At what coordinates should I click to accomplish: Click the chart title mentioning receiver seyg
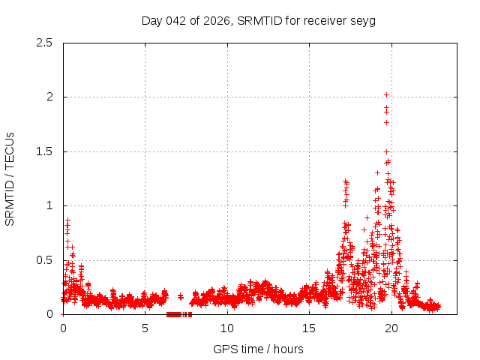tap(258, 20)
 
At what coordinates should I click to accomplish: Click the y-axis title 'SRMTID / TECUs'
tap(10, 178)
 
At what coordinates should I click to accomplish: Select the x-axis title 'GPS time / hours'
tap(258, 349)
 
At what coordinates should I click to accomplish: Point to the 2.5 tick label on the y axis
tap(46, 43)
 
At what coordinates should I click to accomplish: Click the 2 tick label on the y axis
tap(50, 97)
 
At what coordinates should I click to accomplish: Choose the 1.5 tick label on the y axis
tap(46, 151)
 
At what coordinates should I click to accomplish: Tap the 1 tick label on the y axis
tap(50, 205)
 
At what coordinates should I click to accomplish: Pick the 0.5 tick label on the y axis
tap(46, 260)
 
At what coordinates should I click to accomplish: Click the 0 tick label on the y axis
tap(50, 314)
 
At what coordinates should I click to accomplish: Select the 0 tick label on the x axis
tap(63, 328)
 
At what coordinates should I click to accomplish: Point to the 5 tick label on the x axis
tap(145, 328)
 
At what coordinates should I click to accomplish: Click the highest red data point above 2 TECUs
tap(386, 94)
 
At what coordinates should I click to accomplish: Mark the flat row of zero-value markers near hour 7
tap(178, 314)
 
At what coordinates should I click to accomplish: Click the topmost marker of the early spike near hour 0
tap(67, 220)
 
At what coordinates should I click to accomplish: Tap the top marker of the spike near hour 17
tap(345, 180)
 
